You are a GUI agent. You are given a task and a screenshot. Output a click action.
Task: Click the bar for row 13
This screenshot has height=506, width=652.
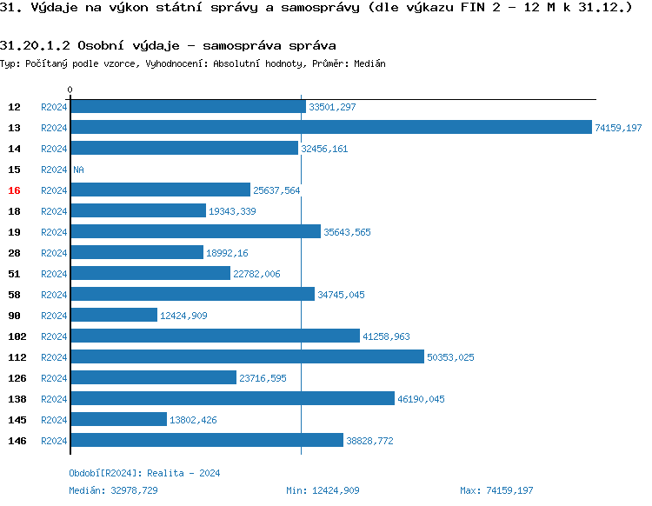330,127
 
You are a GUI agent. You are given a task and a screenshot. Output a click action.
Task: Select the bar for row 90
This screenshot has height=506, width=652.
114,315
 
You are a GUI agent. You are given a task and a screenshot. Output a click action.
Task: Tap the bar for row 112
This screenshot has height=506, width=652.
247,356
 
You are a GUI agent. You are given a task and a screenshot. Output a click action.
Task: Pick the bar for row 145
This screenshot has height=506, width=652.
118,419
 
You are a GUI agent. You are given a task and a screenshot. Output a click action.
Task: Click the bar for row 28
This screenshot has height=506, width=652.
136,252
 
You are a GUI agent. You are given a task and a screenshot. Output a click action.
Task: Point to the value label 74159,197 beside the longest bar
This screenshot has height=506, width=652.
618,128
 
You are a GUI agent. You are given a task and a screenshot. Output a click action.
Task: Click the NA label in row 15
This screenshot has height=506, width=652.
78,170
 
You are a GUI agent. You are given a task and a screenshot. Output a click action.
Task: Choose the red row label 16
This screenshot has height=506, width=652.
14,190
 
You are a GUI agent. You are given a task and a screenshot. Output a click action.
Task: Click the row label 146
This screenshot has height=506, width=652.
17,441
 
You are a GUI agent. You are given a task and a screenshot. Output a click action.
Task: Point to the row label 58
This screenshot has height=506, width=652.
14,295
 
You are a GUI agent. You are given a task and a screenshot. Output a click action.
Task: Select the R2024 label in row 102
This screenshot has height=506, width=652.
54,336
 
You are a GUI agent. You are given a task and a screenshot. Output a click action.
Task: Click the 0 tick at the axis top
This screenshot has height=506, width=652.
70,90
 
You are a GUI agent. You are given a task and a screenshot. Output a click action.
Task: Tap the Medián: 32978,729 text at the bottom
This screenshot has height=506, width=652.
113,490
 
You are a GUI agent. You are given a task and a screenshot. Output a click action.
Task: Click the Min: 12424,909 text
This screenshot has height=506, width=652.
323,490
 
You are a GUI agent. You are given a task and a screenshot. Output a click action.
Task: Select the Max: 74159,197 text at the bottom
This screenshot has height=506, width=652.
496,490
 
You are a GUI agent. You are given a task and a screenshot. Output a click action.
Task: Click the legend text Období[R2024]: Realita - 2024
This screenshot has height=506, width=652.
144,473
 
